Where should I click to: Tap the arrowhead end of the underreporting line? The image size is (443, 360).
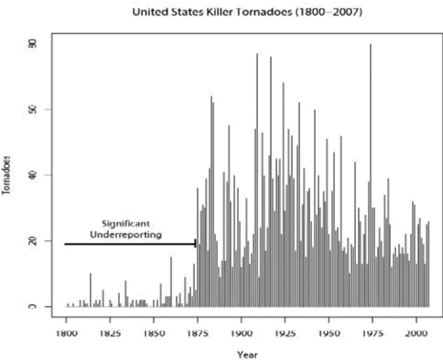194,244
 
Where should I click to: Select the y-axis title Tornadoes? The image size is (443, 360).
7,174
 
